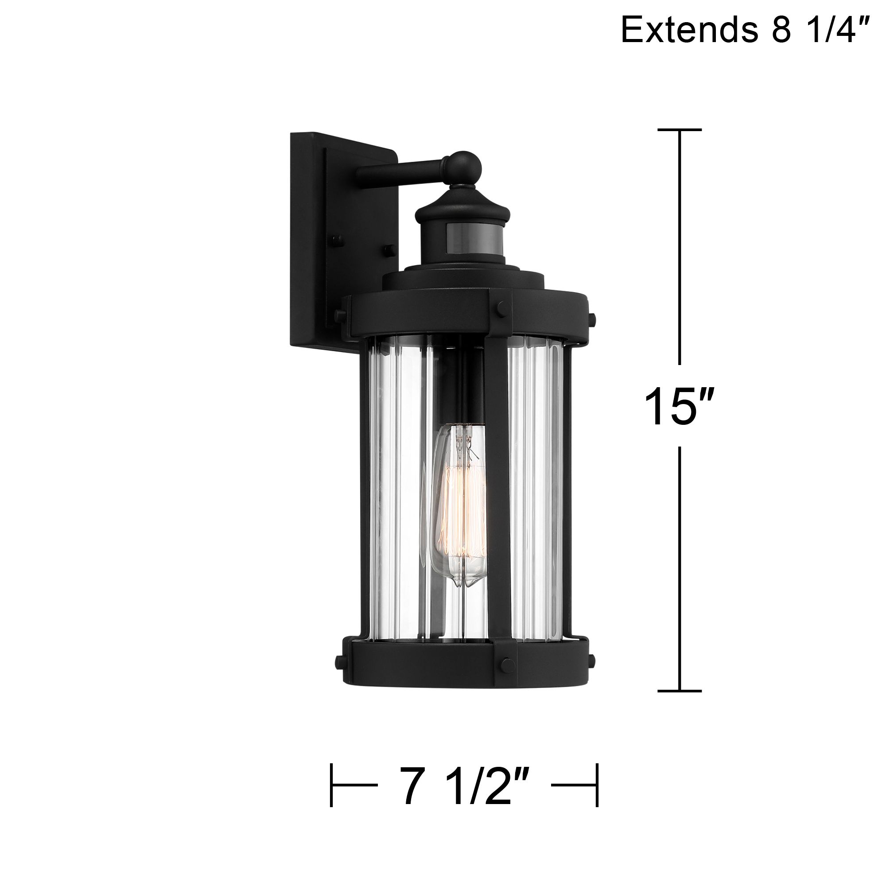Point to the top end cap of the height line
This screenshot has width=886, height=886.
(x=680, y=130)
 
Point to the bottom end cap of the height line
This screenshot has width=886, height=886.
(x=680, y=704)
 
